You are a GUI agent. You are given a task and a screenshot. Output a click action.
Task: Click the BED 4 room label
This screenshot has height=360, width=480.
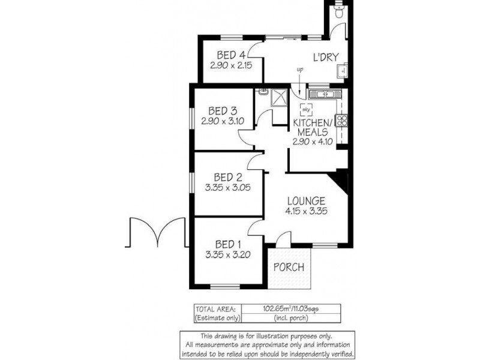point(224,53)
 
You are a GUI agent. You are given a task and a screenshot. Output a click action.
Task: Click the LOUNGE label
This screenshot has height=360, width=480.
point(305,200)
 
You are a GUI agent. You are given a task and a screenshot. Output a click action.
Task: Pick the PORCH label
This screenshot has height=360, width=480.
point(289,267)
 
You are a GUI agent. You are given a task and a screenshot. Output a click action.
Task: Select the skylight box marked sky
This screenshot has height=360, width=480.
point(306,110)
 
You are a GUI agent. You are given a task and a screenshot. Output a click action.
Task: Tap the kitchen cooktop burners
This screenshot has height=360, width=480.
point(343,120)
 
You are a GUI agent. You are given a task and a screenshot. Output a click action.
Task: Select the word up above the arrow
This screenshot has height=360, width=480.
point(300,70)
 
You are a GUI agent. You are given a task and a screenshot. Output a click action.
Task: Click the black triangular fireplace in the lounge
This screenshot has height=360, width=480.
point(342,179)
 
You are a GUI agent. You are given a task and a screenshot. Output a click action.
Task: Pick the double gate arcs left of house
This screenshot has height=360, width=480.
point(153,233)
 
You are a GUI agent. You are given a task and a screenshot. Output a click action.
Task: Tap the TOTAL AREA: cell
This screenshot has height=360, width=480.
point(214,308)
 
